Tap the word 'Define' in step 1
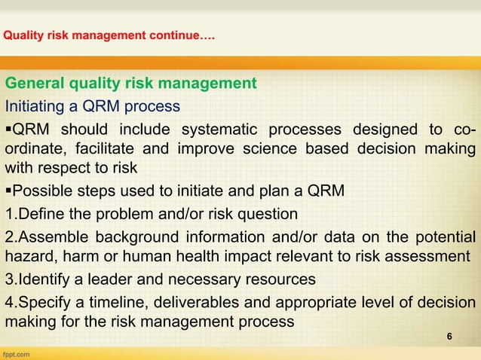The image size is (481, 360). click(37, 212)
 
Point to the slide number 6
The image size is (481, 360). click(450, 336)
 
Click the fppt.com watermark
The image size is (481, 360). click(17, 352)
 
